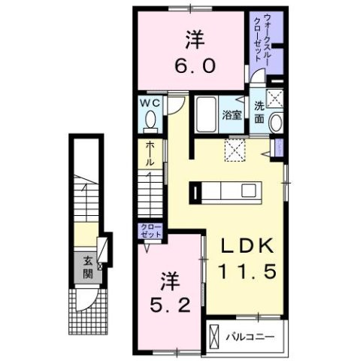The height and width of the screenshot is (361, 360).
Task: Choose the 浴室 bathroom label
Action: (x=231, y=115)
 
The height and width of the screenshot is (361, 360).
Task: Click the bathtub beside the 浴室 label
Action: (x=207, y=115)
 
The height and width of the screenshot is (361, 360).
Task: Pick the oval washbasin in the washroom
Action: (x=276, y=123)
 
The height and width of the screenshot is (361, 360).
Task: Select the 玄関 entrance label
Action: (x=87, y=265)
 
